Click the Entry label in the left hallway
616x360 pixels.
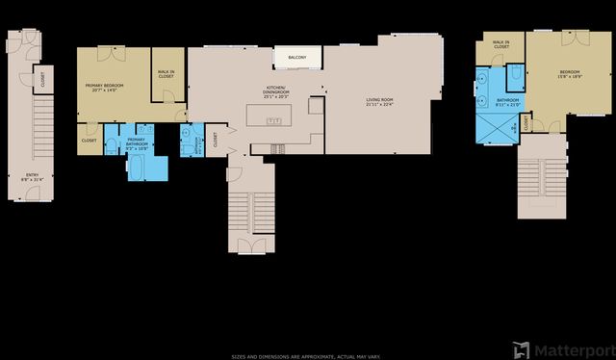[x=33, y=175]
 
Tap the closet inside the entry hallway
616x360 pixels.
[x=44, y=79]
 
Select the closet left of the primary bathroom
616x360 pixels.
[x=90, y=141]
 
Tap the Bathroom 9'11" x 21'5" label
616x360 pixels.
[x=507, y=102]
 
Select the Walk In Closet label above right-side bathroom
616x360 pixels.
[x=500, y=44]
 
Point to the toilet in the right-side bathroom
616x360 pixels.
[x=516, y=74]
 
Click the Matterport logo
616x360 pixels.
[x=562, y=347]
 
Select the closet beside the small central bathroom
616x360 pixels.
[x=216, y=140]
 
